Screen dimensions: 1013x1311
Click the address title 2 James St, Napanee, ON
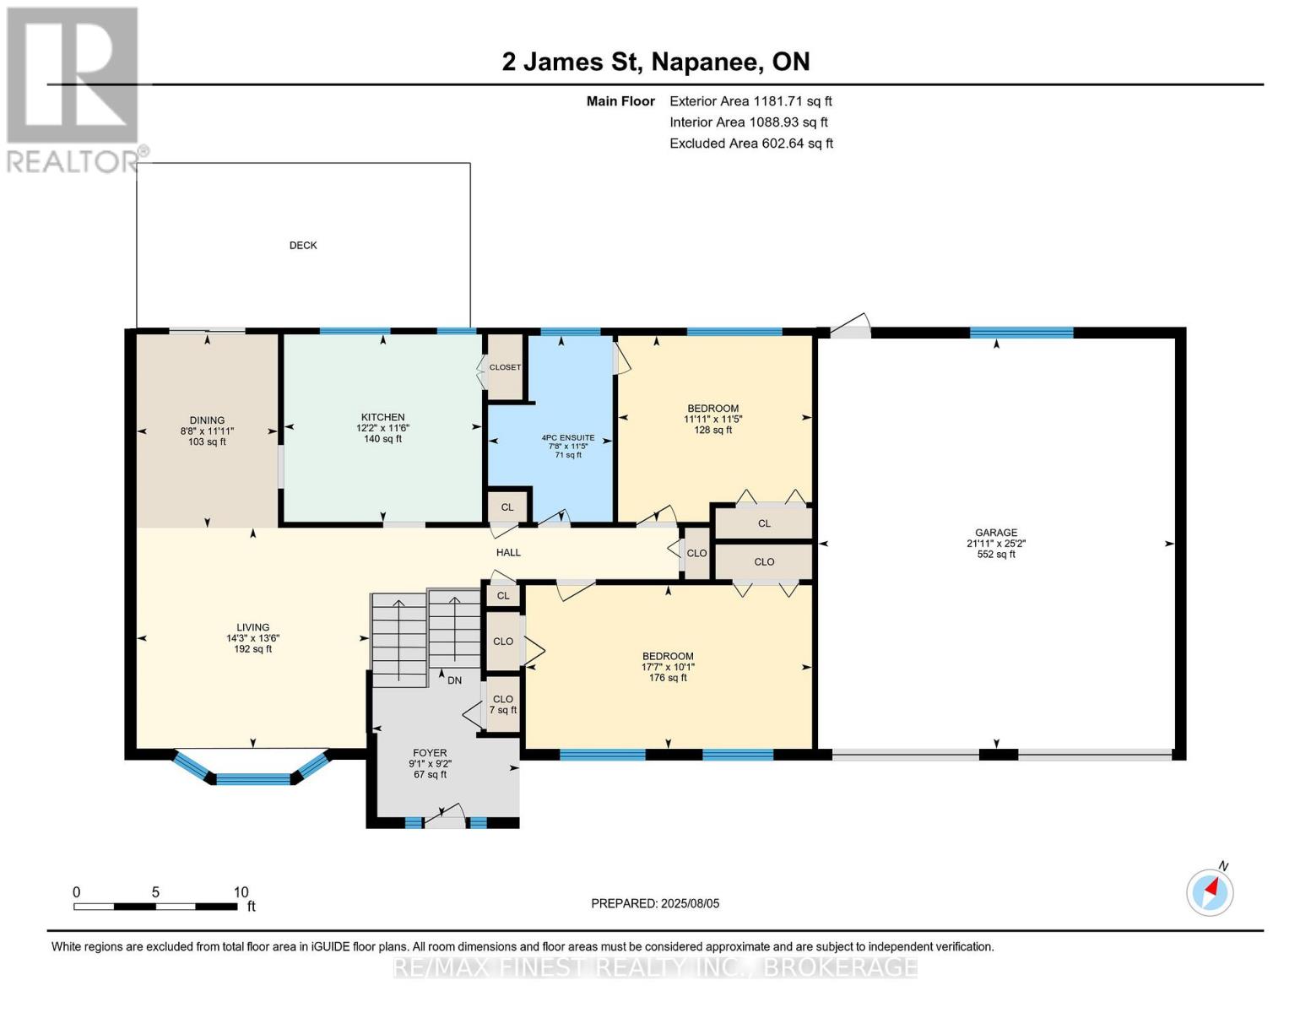coord(655,62)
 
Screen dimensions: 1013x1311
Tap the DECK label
coord(303,246)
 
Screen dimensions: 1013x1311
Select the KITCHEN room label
coord(382,417)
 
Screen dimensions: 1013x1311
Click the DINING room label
coord(207,420)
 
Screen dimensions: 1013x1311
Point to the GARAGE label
coord(995,533)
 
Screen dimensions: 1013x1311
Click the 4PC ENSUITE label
coord(568,438)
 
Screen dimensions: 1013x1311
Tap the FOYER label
coord(430,753)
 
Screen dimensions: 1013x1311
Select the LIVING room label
coord(252,627)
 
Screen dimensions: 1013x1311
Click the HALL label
coord(508,552)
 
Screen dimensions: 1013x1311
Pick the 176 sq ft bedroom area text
coord(668,678)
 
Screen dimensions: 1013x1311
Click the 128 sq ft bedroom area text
coord(712,430)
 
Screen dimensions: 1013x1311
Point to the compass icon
coord(1210,891)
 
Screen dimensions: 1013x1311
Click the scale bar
coord(155,907)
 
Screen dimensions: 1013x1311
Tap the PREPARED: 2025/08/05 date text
coord(655,903)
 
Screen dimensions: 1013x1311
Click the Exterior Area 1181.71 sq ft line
coord(750,101)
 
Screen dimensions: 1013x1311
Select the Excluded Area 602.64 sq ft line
coord(750,144)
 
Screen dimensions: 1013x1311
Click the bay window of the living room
coord(253,775)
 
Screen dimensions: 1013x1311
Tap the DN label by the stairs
coord(454,680)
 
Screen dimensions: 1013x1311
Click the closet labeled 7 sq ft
coord(503,705)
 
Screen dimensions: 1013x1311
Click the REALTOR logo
coord(73,89)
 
